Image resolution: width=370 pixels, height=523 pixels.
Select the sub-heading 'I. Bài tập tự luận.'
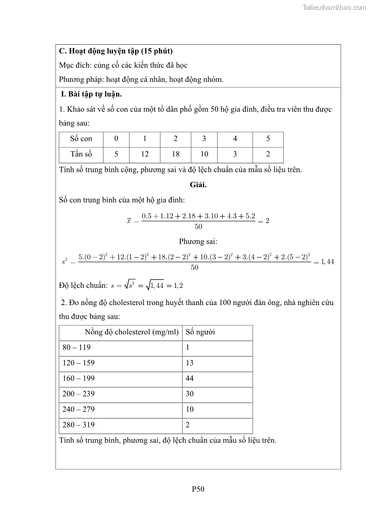coord(91,95)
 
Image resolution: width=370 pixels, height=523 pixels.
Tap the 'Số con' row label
coord(81,139)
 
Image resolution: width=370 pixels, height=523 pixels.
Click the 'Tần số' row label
coord(81,154)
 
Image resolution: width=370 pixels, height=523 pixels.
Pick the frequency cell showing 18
coord(175,154)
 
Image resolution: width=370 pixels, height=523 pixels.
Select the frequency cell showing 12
coord(144,154)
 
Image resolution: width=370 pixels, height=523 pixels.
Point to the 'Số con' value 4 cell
coord(235,139)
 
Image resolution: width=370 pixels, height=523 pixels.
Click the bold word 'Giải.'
coord(198,184)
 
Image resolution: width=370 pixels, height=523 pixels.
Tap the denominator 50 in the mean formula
coord(198,227)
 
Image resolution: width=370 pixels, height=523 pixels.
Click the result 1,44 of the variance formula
coord(328,262)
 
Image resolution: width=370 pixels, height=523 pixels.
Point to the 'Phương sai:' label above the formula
coord(198,242)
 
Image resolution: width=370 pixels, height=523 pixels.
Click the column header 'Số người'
coord(200,333)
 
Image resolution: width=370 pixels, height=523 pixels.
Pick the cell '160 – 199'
coord(78,379)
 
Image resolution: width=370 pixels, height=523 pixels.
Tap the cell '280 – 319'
coord(78,425)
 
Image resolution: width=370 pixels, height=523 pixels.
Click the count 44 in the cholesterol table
coord(190,379)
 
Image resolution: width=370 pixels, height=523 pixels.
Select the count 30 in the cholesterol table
coord(190,394)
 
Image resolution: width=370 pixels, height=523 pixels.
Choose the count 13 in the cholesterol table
coord(190,363)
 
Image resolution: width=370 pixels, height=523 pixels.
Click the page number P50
coord(198,489)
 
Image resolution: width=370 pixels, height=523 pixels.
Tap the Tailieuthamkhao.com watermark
coord(334,7)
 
